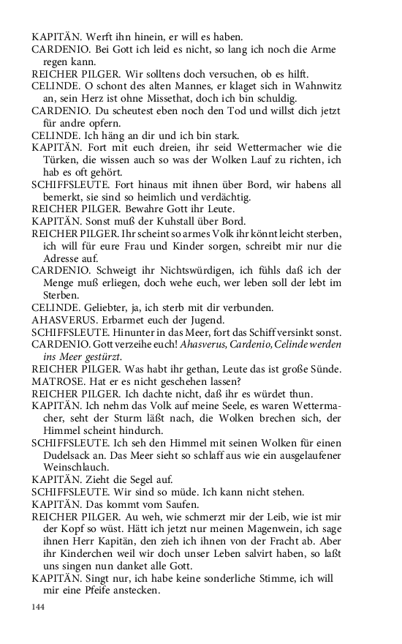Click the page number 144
pyautogui.click(x=39, y=607)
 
